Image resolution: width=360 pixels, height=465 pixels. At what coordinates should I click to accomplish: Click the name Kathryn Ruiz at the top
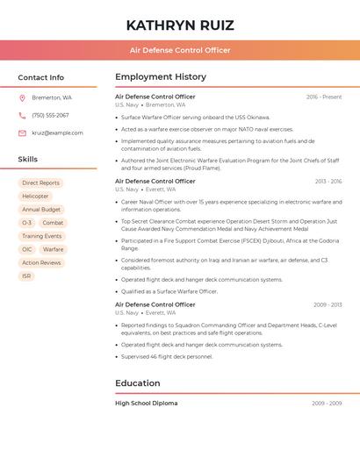[180, 25]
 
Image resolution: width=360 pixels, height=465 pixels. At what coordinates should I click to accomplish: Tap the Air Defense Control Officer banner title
[180, 50]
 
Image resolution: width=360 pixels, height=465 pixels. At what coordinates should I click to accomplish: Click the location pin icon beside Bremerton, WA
[22, 97]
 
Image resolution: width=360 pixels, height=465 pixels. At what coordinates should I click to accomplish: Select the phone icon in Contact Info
[22, 115]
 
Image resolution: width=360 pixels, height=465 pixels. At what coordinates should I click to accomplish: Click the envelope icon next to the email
[22, 132]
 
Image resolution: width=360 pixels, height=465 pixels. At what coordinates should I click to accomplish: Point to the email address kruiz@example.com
[58, 132]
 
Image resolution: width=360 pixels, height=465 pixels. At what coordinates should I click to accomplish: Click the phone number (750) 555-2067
[50, 115]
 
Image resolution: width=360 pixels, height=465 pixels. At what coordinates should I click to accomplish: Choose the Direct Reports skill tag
[41, 182]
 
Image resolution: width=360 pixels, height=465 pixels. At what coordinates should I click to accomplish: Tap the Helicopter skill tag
[36, 196]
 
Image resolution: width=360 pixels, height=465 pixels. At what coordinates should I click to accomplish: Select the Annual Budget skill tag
[41, 210]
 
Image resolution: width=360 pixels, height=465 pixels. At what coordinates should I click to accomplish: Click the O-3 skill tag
[26, 223]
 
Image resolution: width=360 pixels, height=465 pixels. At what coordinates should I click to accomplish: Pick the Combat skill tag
[53, 223]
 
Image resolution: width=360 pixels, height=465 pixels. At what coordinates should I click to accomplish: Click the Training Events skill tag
[42, 236]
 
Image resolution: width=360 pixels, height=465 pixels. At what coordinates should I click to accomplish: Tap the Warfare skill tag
[53, 249]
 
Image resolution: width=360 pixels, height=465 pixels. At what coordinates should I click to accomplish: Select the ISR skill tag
[26, 275]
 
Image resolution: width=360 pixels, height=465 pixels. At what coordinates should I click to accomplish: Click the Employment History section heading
[161, 77]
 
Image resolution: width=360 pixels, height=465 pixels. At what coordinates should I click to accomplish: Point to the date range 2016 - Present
[324, 97]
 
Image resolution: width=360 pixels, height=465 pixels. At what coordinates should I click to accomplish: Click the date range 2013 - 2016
[328, 181]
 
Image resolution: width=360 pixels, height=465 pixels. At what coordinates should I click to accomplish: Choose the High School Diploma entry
[147, 404]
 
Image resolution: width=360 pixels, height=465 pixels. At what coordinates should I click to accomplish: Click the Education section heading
[138, 383]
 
